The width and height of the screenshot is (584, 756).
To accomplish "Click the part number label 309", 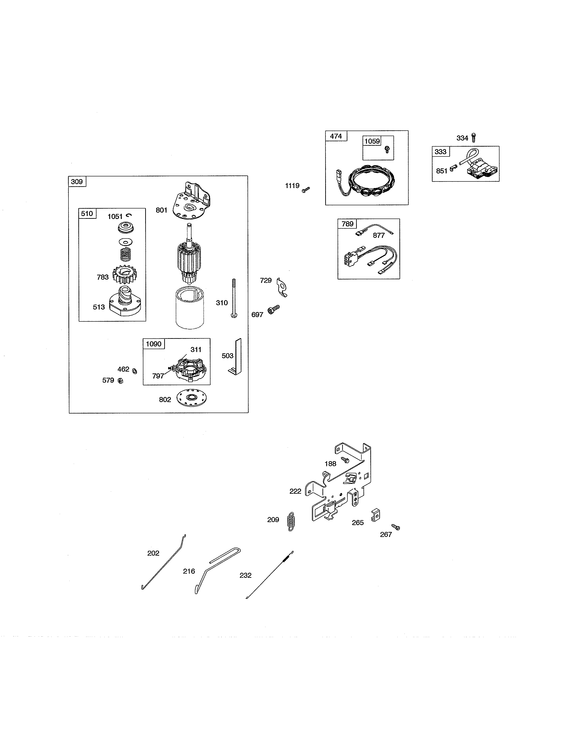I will [x=77, y=182].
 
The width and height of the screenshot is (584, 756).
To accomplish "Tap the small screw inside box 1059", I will [x=387, y=150].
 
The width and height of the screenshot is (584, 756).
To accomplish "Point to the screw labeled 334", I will [x=474, y=137].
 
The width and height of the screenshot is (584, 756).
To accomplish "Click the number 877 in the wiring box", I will [x=379, y=235].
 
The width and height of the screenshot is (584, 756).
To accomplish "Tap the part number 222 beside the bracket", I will [x=295, y=491].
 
